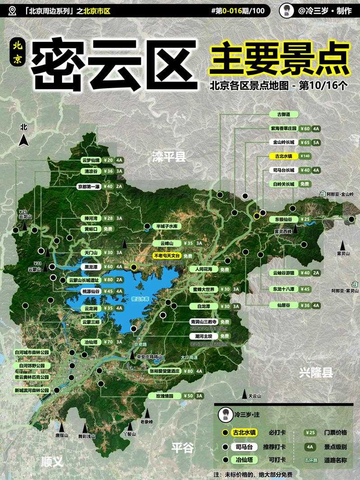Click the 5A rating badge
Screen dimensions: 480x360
click(316, 143)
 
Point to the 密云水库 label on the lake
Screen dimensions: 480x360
click(140, 298)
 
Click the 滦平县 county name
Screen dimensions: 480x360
click(169, 157)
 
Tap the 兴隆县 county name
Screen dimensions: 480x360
click(316, 372)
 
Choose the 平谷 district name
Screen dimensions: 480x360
click(182, 448)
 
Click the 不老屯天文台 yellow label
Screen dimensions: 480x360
click(167, 256)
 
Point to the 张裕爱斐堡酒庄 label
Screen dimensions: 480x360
click(165, 371)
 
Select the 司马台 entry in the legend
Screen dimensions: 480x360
click(244, 447)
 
